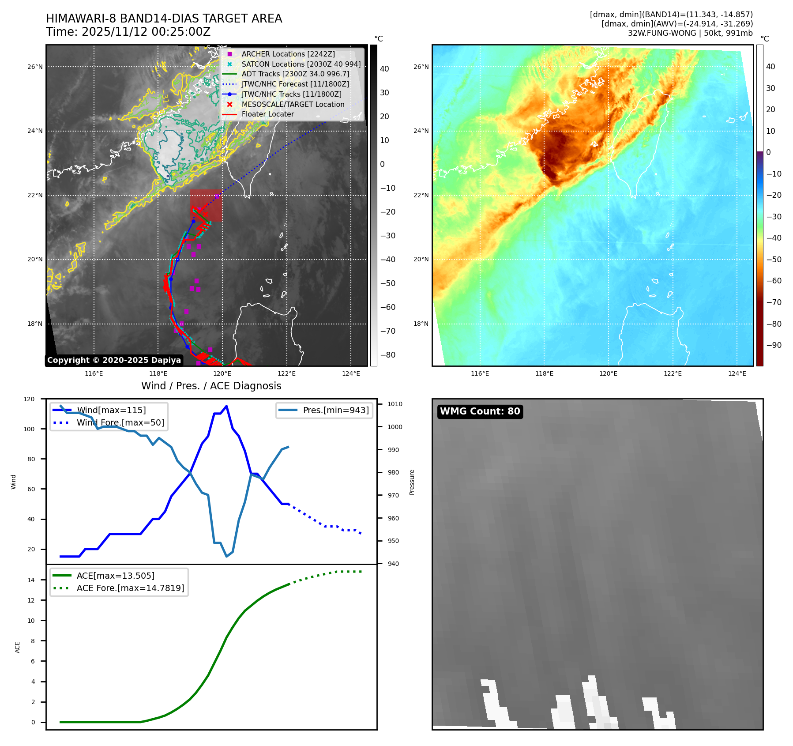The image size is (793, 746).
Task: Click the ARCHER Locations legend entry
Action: tap(288, 54)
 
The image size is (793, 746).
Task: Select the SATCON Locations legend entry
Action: tap(301, 64)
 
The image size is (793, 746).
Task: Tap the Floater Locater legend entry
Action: tap(267, 114)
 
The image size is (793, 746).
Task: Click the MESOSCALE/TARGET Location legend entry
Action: tap(293, 104)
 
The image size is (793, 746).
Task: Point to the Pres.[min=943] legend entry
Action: tap(335, 410)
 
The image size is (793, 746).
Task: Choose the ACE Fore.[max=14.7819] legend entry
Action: tap(130, 588)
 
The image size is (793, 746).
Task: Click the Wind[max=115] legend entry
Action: tap(111, 410)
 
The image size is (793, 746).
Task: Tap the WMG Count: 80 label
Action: tap(480, 411)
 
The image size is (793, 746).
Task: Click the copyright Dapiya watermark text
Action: tap(114, 360)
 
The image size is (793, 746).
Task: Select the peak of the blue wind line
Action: tap(226, 406)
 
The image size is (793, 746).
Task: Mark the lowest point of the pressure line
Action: tap(227, 556)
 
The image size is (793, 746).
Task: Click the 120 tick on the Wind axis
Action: tap(29, 399)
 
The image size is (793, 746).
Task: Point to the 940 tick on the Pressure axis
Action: tap(393, 564)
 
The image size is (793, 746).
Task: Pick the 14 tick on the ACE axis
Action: tap(31, 580)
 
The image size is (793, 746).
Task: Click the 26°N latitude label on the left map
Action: tap(35, 67)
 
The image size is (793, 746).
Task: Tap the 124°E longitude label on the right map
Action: tap(737, 374)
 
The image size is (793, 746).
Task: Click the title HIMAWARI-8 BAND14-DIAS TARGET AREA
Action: tap(164, 19)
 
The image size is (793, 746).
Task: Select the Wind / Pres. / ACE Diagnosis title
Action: tap(211, 386)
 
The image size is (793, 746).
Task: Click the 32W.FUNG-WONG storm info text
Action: tap(690, 33)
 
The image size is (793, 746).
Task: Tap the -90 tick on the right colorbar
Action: tap(774, 345)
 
